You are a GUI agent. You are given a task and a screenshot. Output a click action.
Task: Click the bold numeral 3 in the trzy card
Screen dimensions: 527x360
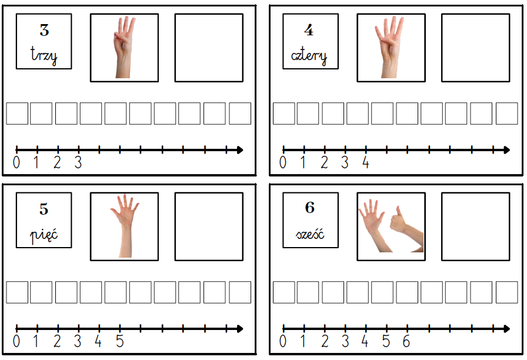(44, 30)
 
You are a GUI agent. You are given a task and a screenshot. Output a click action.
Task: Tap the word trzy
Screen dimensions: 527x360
(44, 55)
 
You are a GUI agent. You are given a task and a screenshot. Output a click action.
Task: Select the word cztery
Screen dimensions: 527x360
(309, 55)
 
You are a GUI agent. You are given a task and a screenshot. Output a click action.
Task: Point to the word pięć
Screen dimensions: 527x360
(44, 234)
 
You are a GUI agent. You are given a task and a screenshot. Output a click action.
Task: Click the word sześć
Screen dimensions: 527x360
(310, 233)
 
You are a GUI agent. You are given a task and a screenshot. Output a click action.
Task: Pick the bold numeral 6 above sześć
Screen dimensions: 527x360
(310, 208)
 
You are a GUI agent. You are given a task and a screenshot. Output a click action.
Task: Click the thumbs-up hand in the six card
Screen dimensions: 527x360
(406, 229)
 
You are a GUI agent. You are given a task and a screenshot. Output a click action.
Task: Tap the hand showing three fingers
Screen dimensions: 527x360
(124, 47)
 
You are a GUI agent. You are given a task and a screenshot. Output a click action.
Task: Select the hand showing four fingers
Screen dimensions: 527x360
(389, 47)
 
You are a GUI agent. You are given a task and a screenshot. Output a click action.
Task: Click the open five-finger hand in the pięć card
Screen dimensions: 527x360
(125, 226)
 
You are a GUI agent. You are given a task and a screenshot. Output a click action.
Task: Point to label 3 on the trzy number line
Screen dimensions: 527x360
(78, 163)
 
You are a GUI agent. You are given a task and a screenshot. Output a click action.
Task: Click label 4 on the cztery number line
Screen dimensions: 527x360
(366, 163)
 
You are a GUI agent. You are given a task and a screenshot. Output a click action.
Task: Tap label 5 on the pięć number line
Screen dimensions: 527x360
(120, 342)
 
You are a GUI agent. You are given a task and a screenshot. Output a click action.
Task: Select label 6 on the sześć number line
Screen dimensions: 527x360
(406, 342)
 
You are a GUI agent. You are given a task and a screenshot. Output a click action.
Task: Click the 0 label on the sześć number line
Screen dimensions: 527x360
(283, 342)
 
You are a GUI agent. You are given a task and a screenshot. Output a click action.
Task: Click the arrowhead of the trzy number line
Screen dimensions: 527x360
(240, 150)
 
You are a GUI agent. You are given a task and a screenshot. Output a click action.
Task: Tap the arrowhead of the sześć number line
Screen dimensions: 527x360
(507, 329)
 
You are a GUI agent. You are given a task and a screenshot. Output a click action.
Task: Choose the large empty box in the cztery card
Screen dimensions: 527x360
(476, 48)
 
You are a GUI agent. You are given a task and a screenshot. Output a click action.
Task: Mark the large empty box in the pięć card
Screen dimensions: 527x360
(209, 226)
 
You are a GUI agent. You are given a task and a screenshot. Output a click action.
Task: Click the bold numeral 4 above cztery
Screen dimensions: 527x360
(309, 30)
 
